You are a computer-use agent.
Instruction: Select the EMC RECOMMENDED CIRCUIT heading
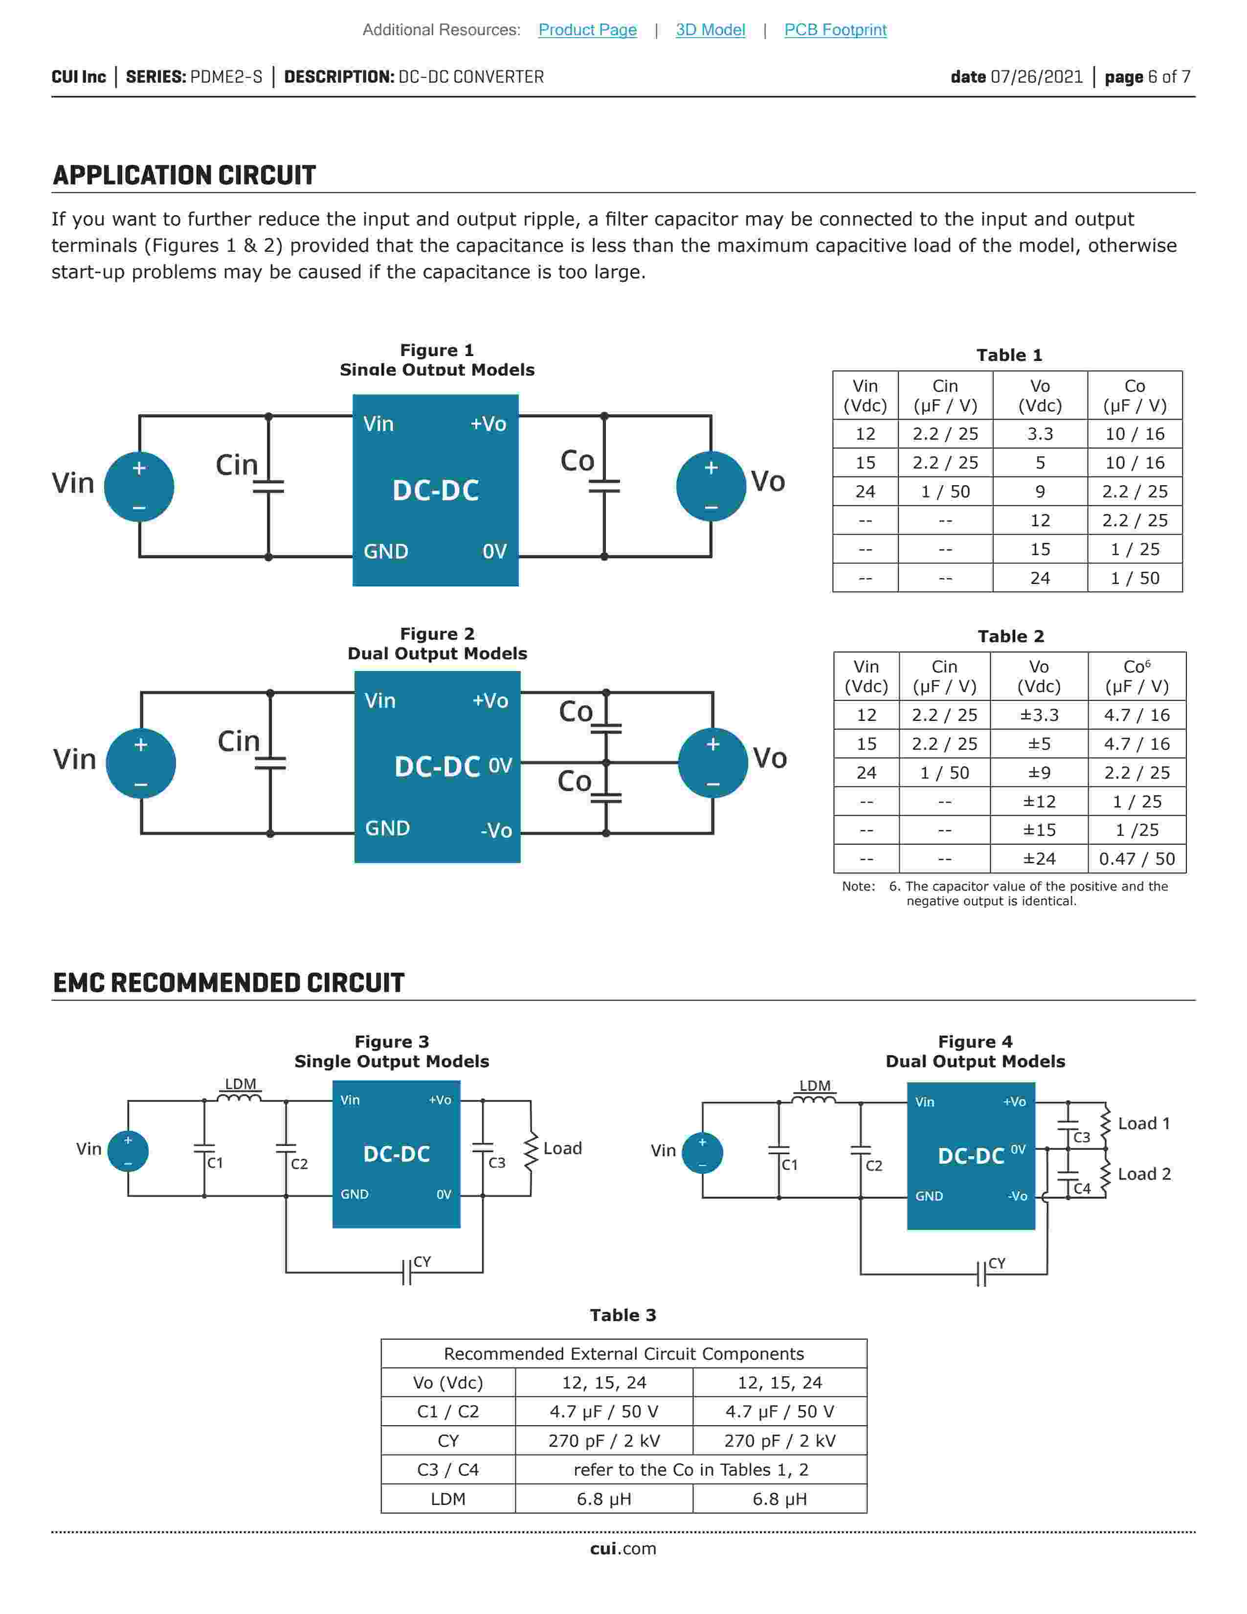click(x=228, y=983)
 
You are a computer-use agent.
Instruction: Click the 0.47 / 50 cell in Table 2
click(x=1136, y=859)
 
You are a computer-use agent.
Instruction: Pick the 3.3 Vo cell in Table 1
click(x=1040, y=434)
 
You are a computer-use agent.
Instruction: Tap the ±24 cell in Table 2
click(x=1039, y=859)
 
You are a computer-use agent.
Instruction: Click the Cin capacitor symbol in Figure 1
click(x=268, y=486)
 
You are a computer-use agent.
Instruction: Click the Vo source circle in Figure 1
click(x=711, y=486)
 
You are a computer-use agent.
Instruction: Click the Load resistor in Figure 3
click(x=531, y=1153)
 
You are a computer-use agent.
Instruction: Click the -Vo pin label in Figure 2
click(x=496, y=830)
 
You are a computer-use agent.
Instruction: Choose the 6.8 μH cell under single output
click(x=603, y=1499)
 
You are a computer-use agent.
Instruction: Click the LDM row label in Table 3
click(x=447, y=1499)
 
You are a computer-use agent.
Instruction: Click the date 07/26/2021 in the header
click(x=1017, y=77)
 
